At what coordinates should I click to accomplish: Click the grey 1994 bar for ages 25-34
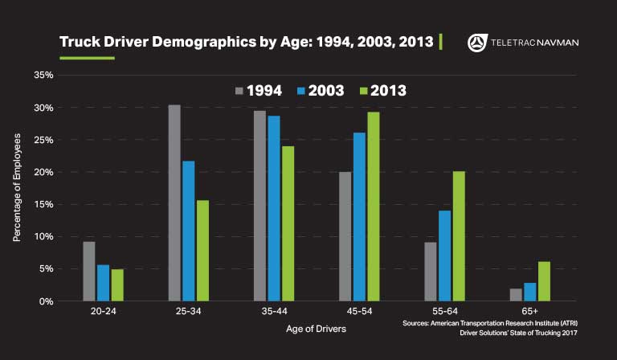(x=174, y=202)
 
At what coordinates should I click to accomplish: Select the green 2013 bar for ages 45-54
(x=374, y=206)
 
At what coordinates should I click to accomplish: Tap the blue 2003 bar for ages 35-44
(x=274, y=208)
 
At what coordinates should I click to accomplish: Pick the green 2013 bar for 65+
(x=544, y=281)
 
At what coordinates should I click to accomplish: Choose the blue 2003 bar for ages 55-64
(x=444, y=256)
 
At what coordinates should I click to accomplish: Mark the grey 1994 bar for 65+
(x=516, y=294)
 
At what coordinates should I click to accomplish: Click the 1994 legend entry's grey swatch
(x=239, y=90)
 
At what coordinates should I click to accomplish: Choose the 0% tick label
(x=46, y=301)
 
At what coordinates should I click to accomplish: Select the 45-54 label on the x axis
(x=359, y=313)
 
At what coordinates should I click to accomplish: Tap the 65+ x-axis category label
(x=529, y=313)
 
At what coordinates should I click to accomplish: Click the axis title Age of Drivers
(x=317, y=329)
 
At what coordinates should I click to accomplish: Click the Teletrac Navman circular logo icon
(x=476, y=43)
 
